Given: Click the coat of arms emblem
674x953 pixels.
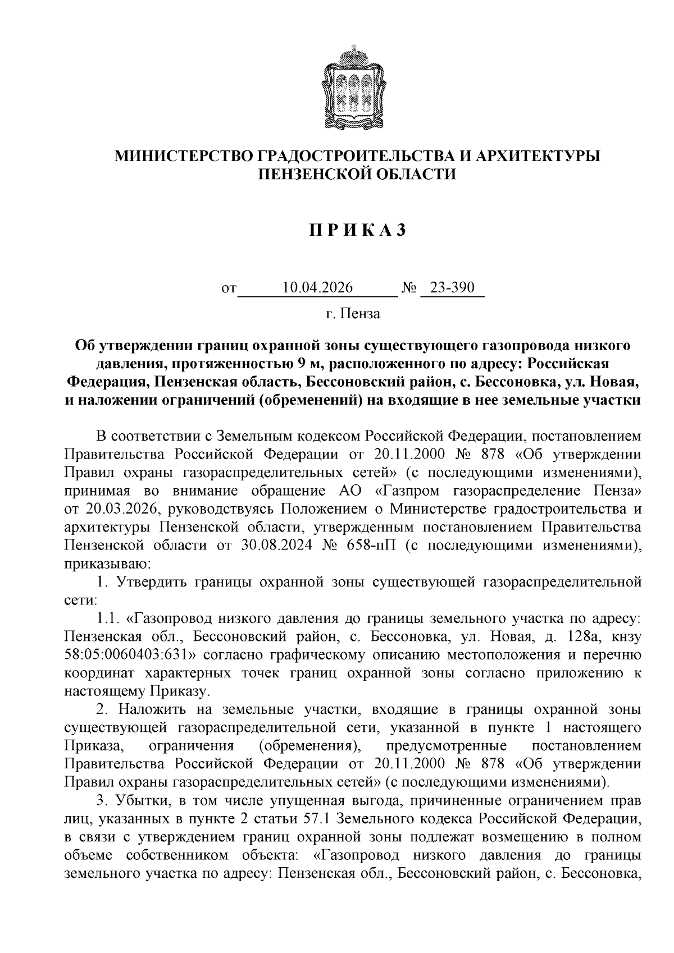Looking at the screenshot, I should [x=356, y=86].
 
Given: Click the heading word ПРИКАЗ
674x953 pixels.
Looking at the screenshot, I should [x=356, y=231].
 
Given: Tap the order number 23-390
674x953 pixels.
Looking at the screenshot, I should [x=452, y=288].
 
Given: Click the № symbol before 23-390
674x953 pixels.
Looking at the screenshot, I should [x=409, y=288].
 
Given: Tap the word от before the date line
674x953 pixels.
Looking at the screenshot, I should [x=229, y=290].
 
